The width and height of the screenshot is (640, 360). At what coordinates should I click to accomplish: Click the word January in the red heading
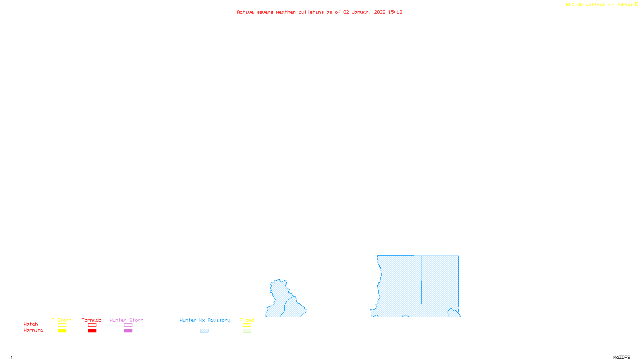tap(361, 12)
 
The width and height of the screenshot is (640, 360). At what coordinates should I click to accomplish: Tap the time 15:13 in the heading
tap(395, 12)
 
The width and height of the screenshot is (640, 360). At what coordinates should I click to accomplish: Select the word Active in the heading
tap(245, 12)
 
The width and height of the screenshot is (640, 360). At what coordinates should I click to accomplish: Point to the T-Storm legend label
tap(62, 320)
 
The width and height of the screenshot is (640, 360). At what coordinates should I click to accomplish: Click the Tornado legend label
tap(92, 320)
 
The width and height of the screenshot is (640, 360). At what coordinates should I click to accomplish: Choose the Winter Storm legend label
tap(126, 320)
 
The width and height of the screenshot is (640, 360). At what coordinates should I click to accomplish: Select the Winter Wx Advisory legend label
tap(205, 320)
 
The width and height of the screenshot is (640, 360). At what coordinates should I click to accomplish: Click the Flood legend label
tap(247, 320)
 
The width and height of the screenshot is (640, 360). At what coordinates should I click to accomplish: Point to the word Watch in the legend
tap(31, 324)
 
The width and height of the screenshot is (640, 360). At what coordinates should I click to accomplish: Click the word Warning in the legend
tap(34, 330)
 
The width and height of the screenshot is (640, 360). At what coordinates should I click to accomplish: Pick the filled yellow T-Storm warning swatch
tap(62, 331)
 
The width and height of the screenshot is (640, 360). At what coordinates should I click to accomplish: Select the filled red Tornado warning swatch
tap(92, 331)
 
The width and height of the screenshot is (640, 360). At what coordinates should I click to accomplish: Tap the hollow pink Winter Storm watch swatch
tap(128, 325)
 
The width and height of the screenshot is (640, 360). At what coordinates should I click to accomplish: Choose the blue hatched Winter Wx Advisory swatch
tap(204, 331)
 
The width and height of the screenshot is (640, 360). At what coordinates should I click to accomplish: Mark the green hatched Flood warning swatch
tap(247, 331)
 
